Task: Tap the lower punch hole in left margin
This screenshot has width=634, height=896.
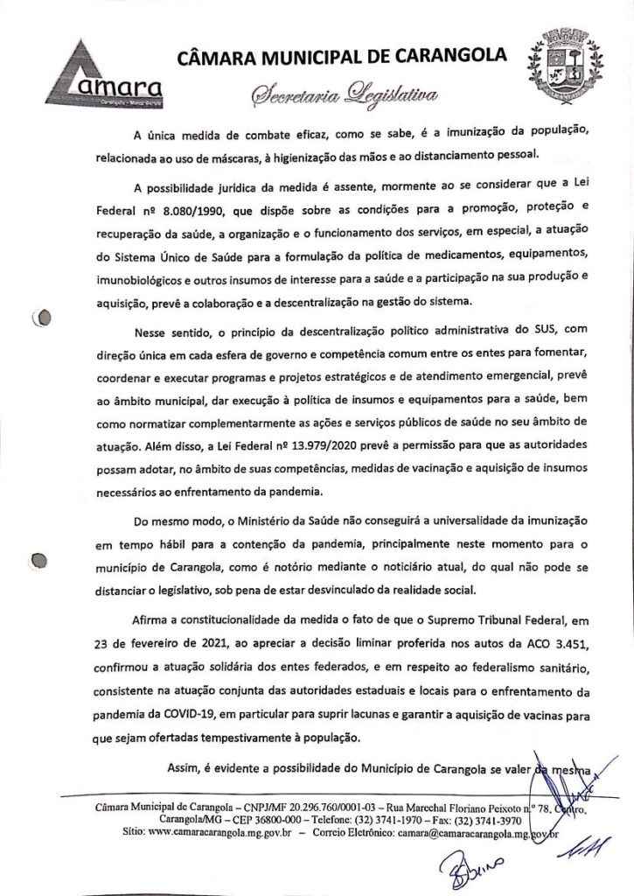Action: (38, 560)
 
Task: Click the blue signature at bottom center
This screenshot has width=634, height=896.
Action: (451, 865)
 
